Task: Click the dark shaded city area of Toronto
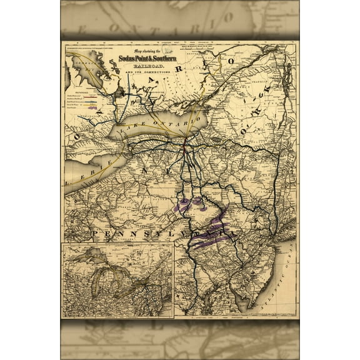click(120, 94)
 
